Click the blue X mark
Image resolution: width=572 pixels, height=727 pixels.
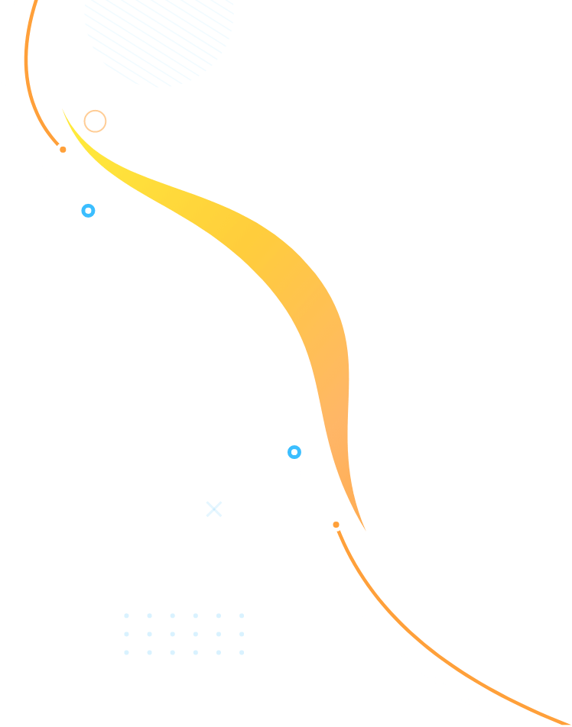(214, 509)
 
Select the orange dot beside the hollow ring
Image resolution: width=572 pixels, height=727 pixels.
(63, 150)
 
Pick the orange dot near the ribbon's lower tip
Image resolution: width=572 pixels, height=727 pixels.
(336, 525)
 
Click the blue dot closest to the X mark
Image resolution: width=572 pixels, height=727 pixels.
(294, 452)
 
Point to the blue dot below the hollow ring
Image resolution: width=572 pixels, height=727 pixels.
(88, 211)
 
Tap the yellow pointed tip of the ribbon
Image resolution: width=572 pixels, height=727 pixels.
(64, 111)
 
